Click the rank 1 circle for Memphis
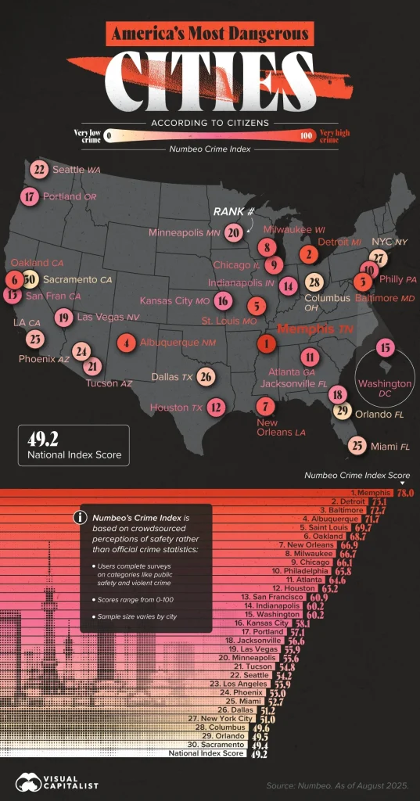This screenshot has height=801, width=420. click(267, 343)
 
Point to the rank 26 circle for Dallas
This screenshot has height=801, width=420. click(206, 377)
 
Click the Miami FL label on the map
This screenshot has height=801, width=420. click(389, 446)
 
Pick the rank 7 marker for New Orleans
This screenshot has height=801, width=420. click(266, 405)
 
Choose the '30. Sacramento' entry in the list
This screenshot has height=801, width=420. click(360, 746)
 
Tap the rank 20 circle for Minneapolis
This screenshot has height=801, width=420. click(232, 232)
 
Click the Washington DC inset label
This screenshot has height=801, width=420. click(384, 389)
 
